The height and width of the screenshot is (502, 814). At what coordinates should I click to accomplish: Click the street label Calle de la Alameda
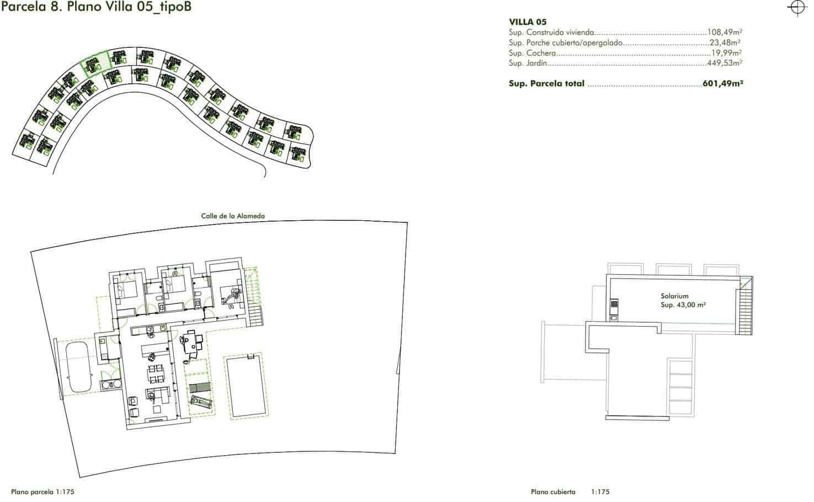pyautogui.click(x=233, y=216)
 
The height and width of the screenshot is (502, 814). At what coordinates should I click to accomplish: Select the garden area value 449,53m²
pyautogui.click(x=725, y=63)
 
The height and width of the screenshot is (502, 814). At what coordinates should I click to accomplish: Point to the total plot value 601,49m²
pyautogui.click(x=723, y=83)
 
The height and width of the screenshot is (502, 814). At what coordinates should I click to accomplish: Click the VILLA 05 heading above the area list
pyautogui.click(x=528, y=22)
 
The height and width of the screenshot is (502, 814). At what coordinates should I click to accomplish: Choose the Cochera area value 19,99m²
pyautogui.click(x=726, y=52)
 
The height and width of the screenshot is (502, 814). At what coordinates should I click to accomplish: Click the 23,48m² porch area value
pyautogui.click(x=725, y=42)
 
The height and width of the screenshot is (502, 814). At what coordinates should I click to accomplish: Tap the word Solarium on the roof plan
pyautogui.click(x=674, y=296)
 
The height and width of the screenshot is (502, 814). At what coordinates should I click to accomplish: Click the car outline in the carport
pyautogui.click(x=78, y=366)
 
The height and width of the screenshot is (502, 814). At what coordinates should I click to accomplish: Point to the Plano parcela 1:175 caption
pyautogui.click(x=42, y=492)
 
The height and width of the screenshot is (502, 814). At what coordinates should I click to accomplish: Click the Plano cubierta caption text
pyautogui.click(x=553, y=492)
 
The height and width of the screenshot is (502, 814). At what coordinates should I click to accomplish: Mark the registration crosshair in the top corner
pyautogui.click(x=797, y=8)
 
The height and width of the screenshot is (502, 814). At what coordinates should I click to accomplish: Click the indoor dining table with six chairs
pyautogui.click(x=156, y=374)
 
